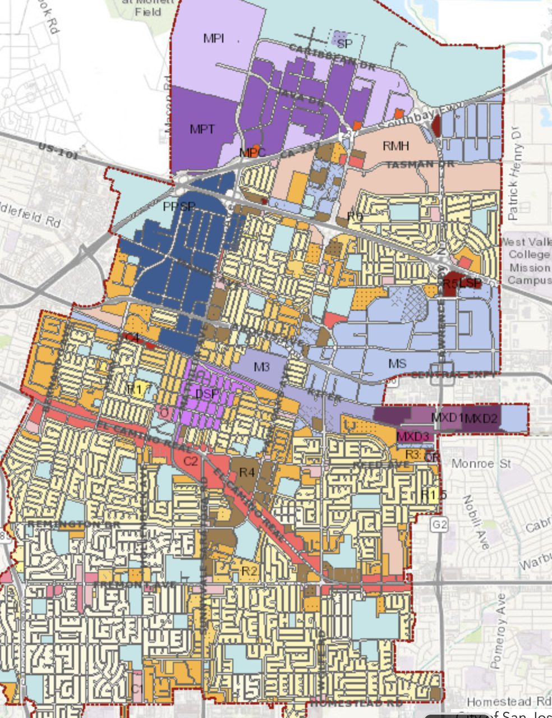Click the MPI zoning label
(x=214, y=38)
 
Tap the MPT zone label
(x=202, y=129)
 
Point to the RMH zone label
(x=395, y=146)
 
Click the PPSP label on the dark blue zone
(x=179, y=206)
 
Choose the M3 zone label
(x=262, y=367)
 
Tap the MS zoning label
(x=397, y=364)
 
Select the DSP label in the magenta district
(x=207, y=394)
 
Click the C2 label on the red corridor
(x=191, y=461)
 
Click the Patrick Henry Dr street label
(x=515, y=182)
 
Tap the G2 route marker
(x=440, y=525)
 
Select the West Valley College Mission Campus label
(x=525, y=260)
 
